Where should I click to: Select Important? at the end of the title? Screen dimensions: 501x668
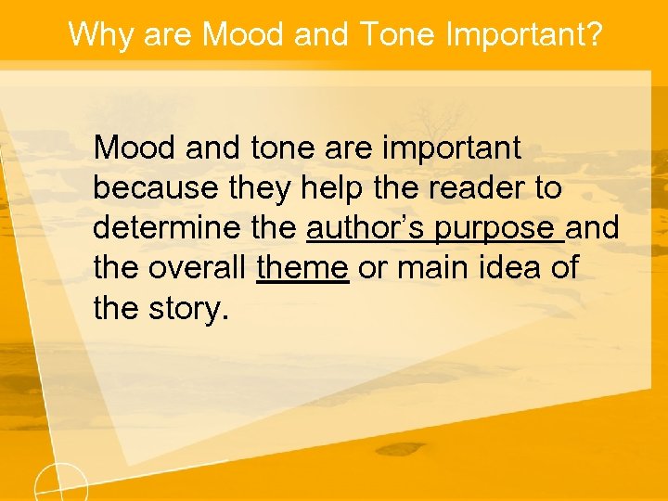(524, 35)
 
